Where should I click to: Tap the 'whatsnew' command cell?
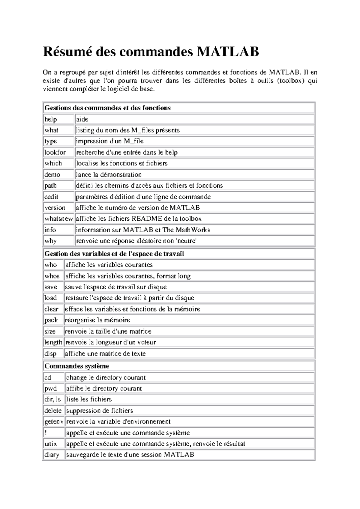(58, 219)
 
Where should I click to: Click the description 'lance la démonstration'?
(109, 174)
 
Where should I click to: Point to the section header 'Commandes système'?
(77, 366)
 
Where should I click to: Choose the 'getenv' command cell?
(54, 422)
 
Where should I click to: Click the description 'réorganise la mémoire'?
(97, 320)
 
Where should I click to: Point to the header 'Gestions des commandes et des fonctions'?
(107, 108)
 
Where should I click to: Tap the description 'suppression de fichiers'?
(99, 411)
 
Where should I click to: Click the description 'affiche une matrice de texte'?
(105, 354)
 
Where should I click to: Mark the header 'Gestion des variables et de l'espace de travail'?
(114, 254)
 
